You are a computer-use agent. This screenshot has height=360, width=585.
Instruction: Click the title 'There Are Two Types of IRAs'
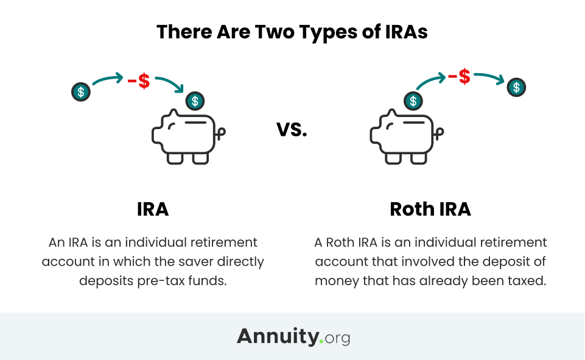click(x=292, y=32)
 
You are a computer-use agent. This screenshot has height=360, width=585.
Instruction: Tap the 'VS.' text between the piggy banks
click(x=292, y=130)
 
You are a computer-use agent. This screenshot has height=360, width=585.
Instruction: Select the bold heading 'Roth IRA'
click(x=430, y=209)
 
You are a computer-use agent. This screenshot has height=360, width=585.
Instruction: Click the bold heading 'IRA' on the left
click(x=153, y=209)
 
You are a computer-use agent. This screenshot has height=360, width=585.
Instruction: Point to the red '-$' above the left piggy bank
click(x=139, y=81)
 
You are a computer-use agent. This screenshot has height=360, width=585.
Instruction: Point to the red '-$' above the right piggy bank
click(x=459, y=77)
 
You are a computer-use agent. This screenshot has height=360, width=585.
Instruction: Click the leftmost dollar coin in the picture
click(x=81, y=92)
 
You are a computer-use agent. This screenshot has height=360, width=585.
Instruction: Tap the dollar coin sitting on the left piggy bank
click(x=195, y=101)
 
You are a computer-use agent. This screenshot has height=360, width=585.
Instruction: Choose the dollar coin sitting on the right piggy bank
click(x=413, y=101)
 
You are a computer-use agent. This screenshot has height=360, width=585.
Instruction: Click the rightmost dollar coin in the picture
click(x=516, y=87)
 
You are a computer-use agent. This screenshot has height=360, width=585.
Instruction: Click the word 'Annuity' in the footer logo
click(x=278, y=337)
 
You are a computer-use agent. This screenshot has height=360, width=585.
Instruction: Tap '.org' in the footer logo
click(x=335, y=338)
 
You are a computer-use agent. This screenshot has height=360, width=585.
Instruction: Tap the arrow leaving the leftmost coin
click(x=107, y=79)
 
